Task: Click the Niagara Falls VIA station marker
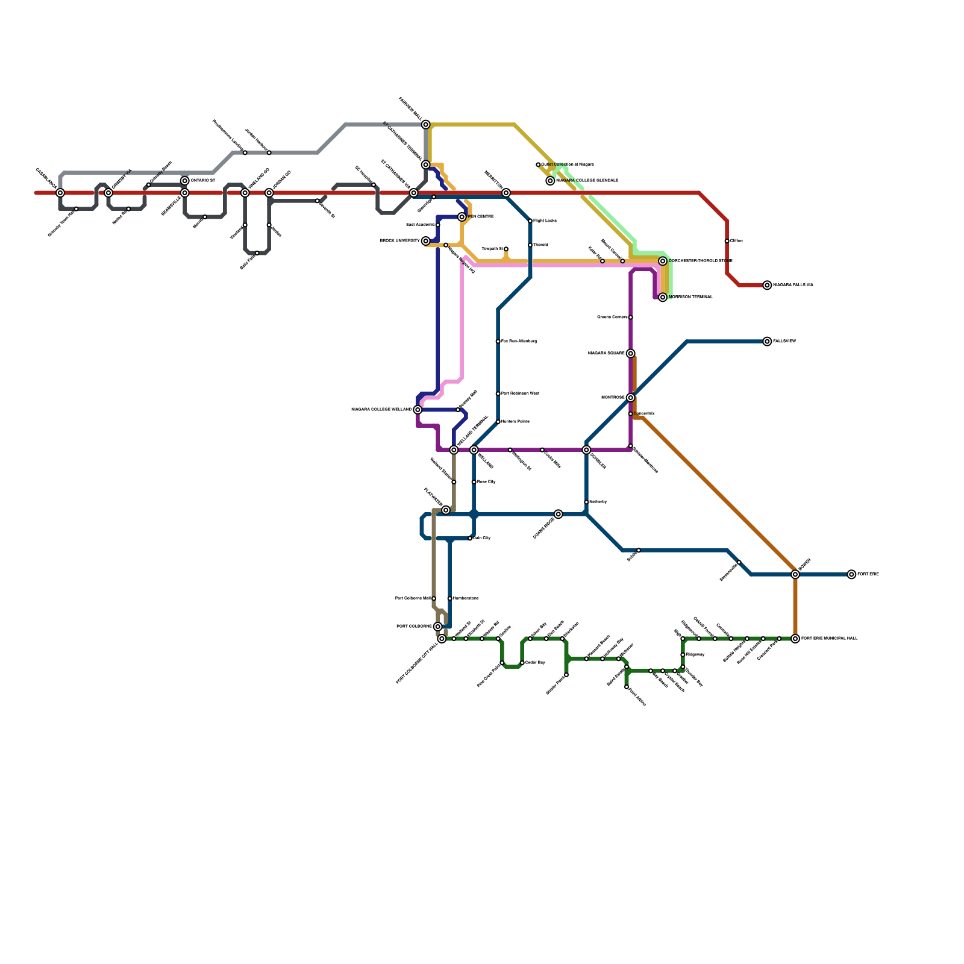(x=767, y=285)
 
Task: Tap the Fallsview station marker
(x=767, y=342)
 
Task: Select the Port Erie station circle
(x=851, y=574)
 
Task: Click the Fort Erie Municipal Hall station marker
(x=795, y=639)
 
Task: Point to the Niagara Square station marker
(x=630, y=354)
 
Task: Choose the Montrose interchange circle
(x=630, y=398)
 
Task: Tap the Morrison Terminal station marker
(x=663, y=297)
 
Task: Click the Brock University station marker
(x=426, y=241)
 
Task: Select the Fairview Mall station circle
(x=426, y=125)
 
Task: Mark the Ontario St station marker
(x=185, y=181)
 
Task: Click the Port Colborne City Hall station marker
(x=442, y=639)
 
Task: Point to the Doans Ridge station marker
(x=559, y=514)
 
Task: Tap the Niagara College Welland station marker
(x=418, y=410)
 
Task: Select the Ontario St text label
(x=203, y=181)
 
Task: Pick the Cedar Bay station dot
(x=522, y=663)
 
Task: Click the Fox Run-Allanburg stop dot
(x=498, y=342)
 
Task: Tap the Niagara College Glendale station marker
(x=550, y=181)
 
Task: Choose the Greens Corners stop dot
(x=630, y=318)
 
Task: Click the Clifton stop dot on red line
(x=727, y=241)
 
